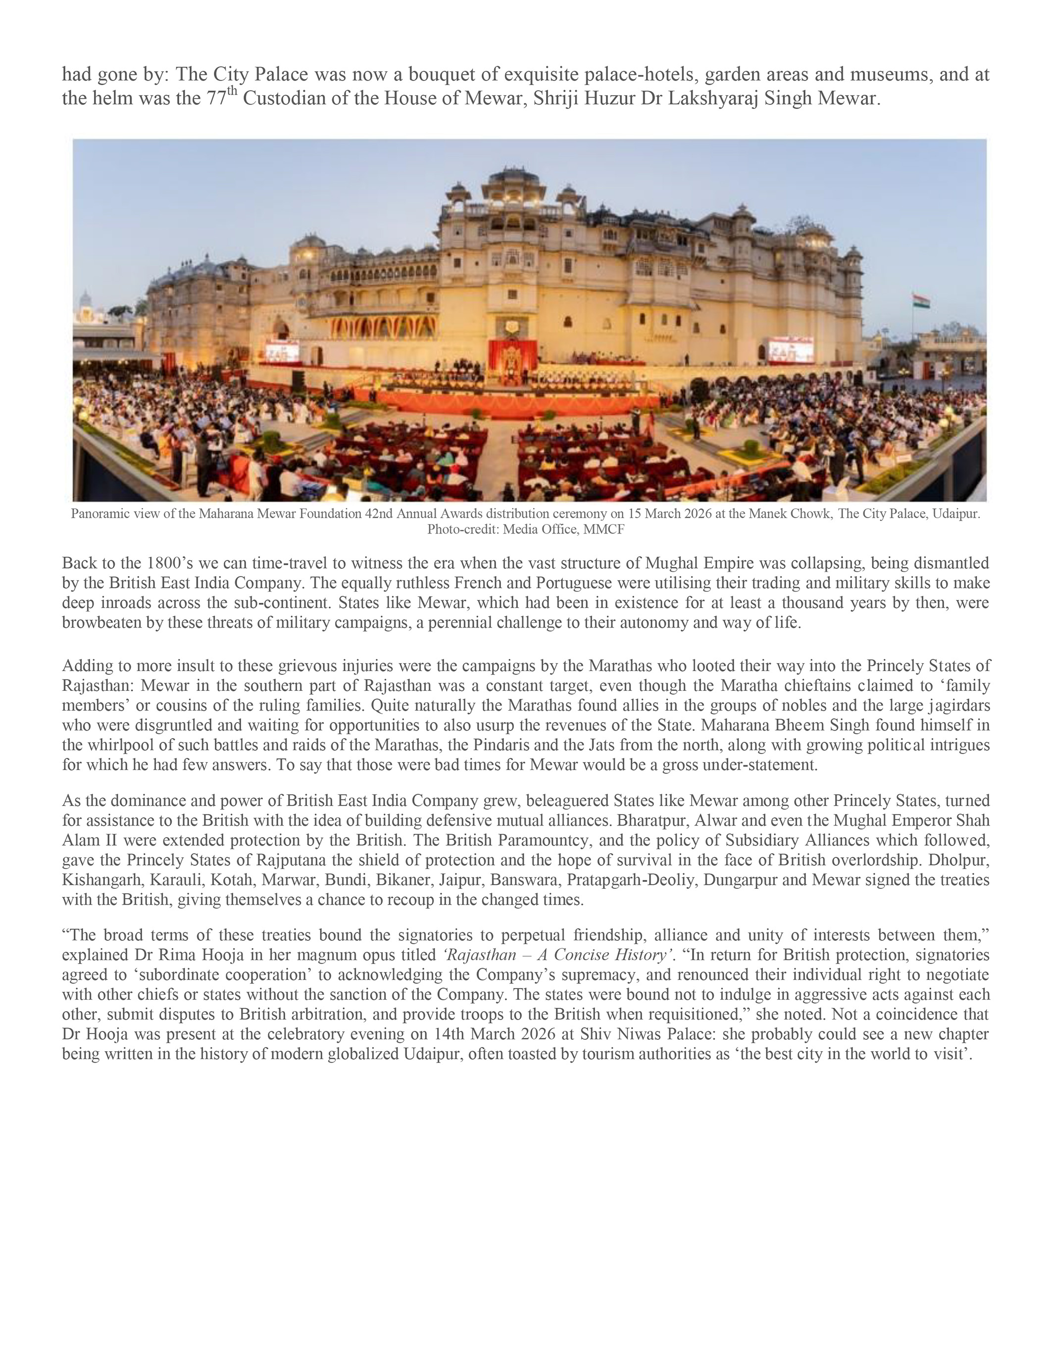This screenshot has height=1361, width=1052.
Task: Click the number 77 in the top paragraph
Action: click(x=216, y=98)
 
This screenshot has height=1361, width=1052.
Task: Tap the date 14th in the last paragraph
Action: click(x=450, y=1034)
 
